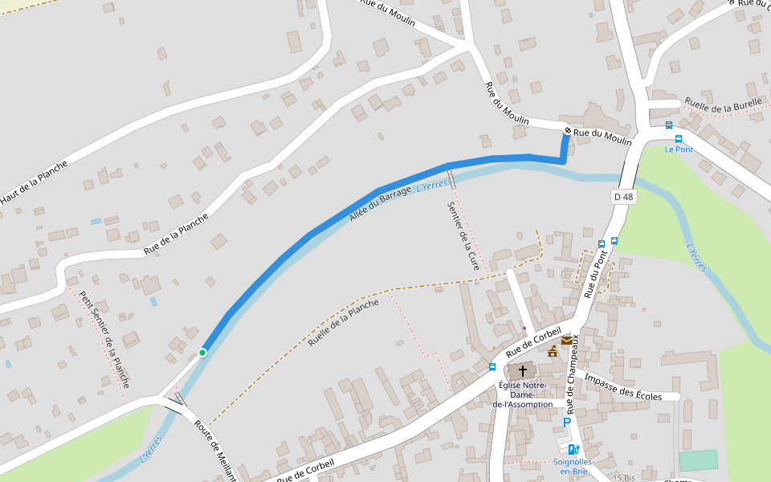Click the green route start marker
click(x=202, y=352)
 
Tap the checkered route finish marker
click(x=567, y=130)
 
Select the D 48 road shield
click(x=623, y=197)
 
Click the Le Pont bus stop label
click(x=679, y=149)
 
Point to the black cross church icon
click(x=523, y=371)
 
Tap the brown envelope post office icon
click(x=567, y=341)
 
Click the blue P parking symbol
click(x=567, y=423)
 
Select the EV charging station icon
click(x=573, y=449)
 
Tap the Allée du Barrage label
click(x=380, y=203)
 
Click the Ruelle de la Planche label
click(x=343, y=322)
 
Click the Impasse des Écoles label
click(x=623, y=386)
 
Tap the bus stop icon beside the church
click(x=492, y=367)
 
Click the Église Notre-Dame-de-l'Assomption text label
click(x=523, y=394)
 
